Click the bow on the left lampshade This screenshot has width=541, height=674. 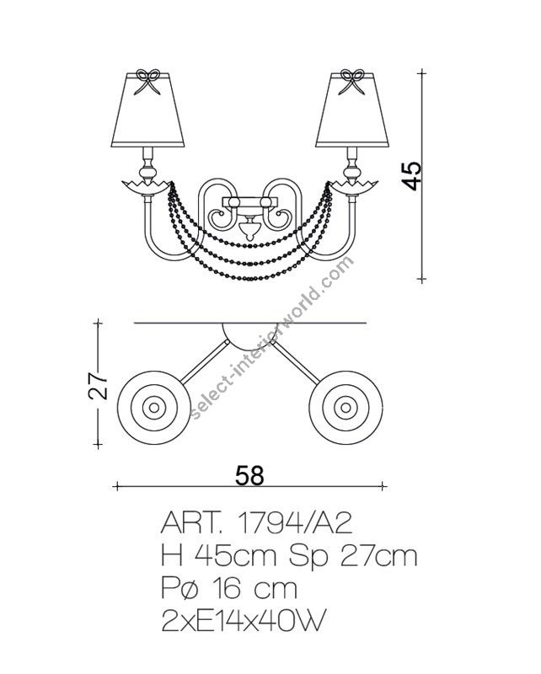[x=147, y=81]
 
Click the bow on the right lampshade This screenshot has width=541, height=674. [x=352, y=81]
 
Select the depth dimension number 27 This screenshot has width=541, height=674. [x=98, y=385]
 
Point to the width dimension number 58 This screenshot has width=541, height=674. [x=250, y=475]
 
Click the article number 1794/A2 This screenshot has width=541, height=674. [x=295, y=524]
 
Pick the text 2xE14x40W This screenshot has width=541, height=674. [x=242, y=620]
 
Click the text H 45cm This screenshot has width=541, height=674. [x=218, y=556]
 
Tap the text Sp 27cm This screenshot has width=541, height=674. [x=352, y=556]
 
